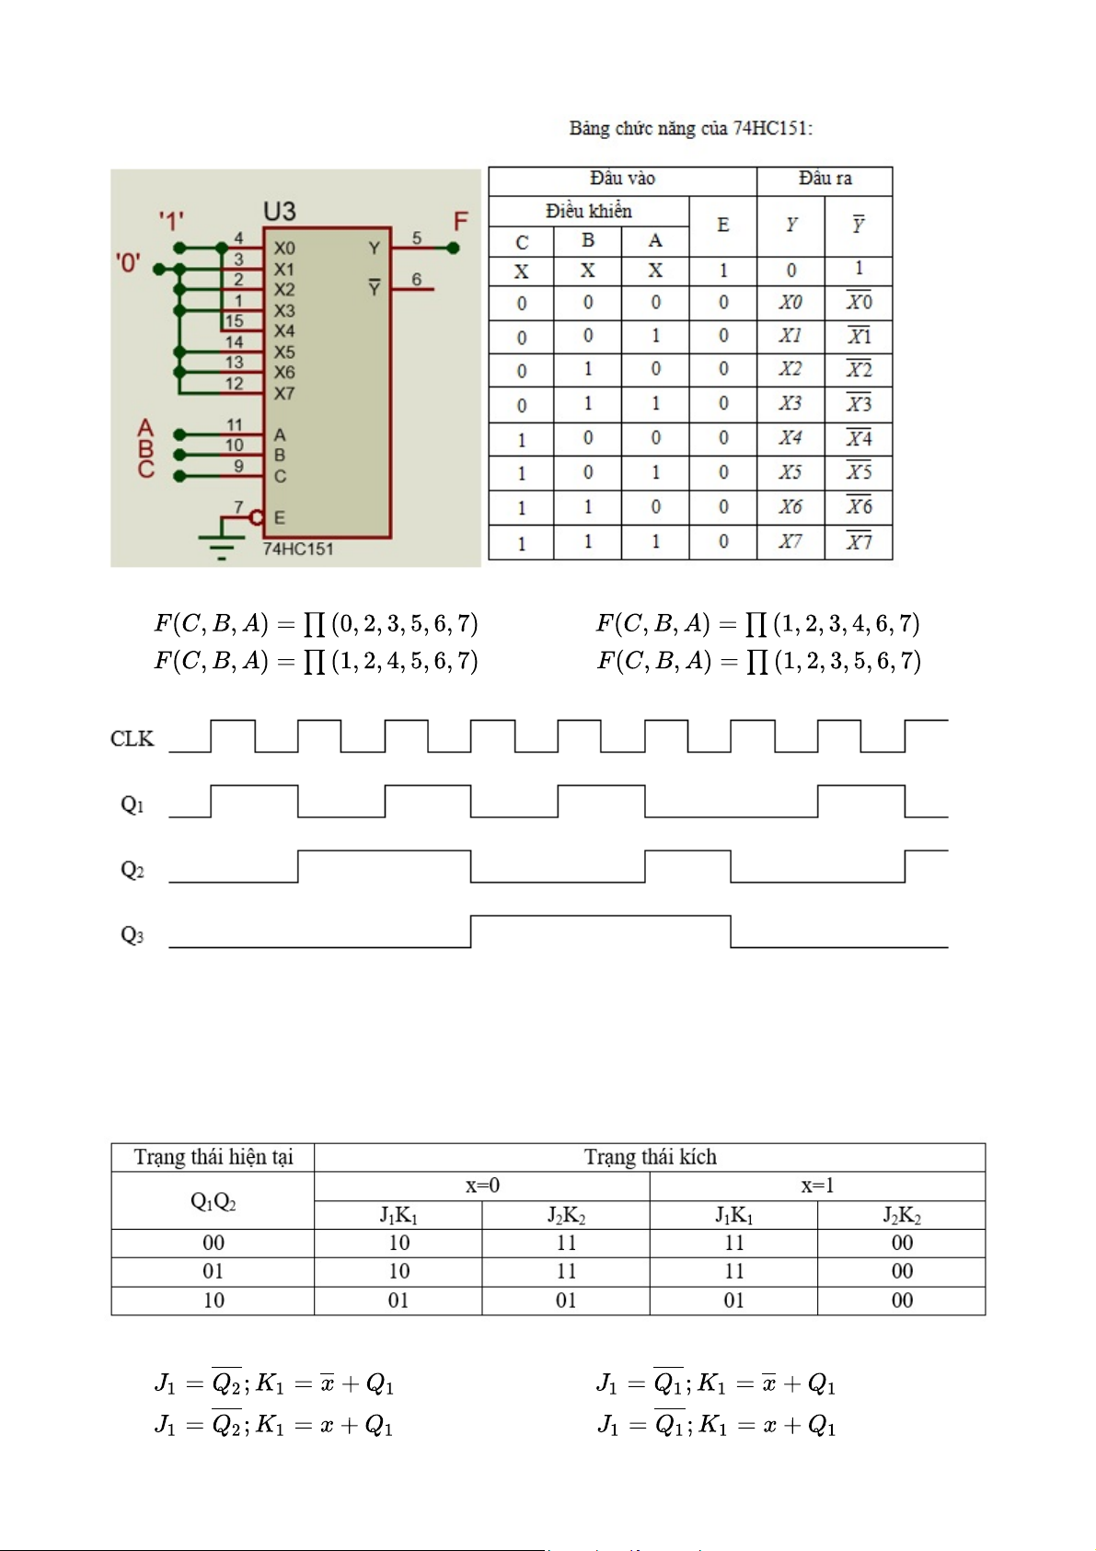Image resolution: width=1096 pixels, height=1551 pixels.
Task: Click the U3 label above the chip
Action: (280, 212)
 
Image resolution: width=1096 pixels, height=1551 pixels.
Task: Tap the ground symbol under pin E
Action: (221, 543)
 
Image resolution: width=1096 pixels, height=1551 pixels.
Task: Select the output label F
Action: (461, 222)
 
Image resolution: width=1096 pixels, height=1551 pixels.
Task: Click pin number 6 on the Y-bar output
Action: (417, 279)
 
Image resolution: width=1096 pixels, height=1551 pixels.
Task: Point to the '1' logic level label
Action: (171, 221)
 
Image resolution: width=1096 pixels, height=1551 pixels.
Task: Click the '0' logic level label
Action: (128, 263)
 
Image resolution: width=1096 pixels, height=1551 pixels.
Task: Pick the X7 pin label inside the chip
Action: (284, 394)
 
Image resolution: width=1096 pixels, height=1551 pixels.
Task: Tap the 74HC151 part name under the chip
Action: (298, 550)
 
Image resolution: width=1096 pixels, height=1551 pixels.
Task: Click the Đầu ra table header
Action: (825, 179)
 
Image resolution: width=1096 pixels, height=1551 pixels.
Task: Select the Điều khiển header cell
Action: (588, 211)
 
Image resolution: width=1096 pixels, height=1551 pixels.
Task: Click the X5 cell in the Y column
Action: (790, 472)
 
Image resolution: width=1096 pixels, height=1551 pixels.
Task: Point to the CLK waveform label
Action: (133, 739)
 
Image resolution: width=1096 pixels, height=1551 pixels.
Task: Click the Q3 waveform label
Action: (133, 935)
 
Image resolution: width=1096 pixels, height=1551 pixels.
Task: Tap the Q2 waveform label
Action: (133, 870)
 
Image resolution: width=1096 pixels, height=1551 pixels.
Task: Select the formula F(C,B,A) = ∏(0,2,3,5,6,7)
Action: (316, 624)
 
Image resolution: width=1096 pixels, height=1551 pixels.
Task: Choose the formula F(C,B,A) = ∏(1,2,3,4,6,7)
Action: (757, 624)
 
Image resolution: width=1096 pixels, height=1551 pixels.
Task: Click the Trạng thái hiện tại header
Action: (213, 1157)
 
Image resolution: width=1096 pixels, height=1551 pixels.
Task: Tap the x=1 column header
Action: (817, 1186)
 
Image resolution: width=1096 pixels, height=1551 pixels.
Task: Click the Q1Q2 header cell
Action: (213, 1201)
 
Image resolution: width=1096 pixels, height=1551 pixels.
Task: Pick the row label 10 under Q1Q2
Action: (213, 1301)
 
